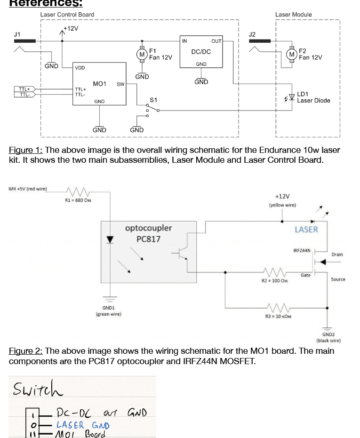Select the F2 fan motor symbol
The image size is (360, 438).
pyautogui.click(x=292, y=55)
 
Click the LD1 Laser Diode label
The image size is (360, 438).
pyautogui.click(x=313, y=97)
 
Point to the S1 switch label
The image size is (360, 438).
pyautogui.click(x=153, y=100)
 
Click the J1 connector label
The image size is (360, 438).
pyautogui.click(x=17, y=34)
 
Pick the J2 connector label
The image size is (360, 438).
pyautogui.click(x=252, y=34)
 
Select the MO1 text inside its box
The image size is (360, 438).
pyautogui.click(x=99, y=84)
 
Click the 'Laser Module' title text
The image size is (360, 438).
pyautogui.click(x=293, y=15)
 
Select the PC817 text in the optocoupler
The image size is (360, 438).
pyautogui.click(x=148, y=239)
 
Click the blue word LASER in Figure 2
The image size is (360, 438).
pyautogui.click(x=306, y=230)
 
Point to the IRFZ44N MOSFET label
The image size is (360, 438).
pyautogui.click(x=302, y=250)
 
